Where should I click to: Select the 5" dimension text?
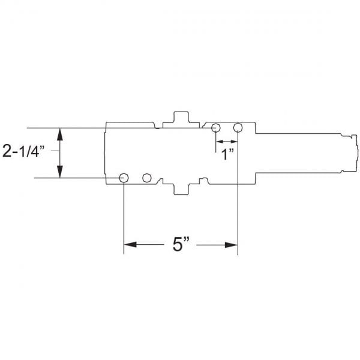181,245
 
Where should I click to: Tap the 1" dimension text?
226,154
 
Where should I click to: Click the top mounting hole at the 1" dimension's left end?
216,128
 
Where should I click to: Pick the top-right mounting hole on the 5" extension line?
238,128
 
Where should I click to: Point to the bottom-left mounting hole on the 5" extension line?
124,178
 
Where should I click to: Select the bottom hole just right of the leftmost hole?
146,178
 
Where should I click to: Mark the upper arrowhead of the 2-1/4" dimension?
60,134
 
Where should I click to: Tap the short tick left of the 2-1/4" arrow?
53,152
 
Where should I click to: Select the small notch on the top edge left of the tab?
158,127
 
